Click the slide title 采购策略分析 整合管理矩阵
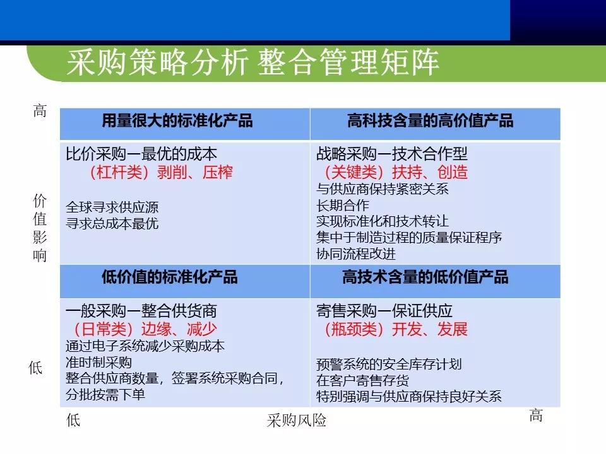252,64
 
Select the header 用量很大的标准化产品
177,120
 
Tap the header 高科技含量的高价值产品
431,120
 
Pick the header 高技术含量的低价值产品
425,277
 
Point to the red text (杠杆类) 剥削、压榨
162,172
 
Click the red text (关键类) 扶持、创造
395,172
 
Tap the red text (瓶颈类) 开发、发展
395,329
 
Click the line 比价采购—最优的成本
142,154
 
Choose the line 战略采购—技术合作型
392,154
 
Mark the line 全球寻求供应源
112,207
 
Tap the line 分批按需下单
105,395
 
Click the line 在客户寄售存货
362,380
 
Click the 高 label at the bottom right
536,416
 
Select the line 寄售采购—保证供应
384,311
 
